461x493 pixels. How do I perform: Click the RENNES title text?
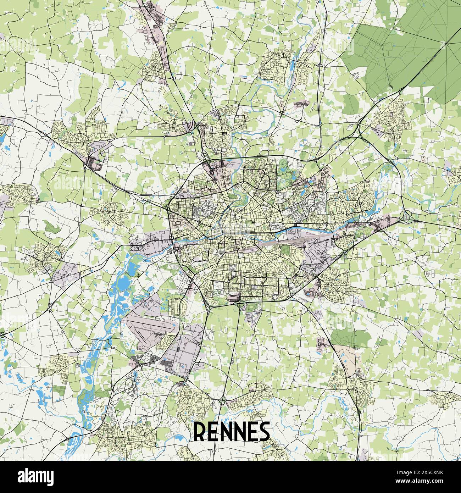pyautogui.click(x=231, y=431)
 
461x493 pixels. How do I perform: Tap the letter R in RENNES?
pyautogui.click(x=200, y=432)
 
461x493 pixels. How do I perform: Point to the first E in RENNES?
pyautogui.click(x=213, y=432)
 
